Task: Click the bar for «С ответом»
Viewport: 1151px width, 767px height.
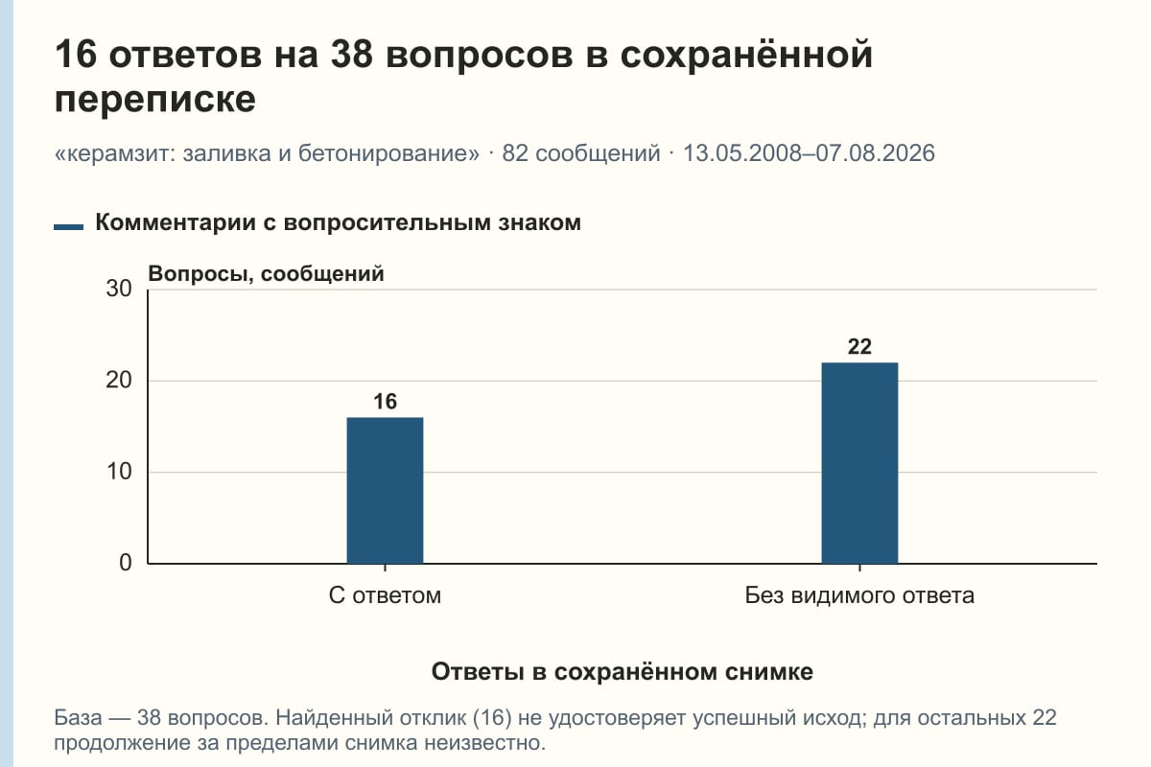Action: tap(385, 491)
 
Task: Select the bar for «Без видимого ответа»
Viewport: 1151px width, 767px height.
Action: tap(859, 463)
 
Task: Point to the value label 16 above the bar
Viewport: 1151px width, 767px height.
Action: tap(385, 402)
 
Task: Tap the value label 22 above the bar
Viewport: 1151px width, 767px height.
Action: tap(859, 347)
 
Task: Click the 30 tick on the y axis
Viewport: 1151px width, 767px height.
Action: tap(119, 289)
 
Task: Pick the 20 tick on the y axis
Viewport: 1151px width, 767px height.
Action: tap(119, 381)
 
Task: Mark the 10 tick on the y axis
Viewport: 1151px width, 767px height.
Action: tap(119, 472)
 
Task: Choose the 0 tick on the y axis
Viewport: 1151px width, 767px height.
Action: tap(126, 563)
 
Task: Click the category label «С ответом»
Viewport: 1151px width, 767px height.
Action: tap(385, 596)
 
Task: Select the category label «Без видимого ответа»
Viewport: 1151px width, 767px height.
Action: tap(859, 596)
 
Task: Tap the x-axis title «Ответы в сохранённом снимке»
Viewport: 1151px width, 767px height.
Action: tap(622, 672)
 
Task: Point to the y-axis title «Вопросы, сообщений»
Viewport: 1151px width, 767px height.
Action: tap(267, 274)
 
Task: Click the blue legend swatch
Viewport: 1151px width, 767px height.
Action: tap(68, 227)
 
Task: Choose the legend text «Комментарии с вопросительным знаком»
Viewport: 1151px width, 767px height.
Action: tap(338, 223)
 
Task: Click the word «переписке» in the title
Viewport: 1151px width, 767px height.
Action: tap(155, 99)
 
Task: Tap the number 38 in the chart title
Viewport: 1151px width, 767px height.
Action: tap(351, 55)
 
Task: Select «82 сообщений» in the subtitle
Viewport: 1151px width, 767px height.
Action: tap(581, 153)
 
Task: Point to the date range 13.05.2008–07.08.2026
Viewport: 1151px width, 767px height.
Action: tap(809, 153)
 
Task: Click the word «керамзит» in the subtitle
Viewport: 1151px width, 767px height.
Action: tap(118, 154)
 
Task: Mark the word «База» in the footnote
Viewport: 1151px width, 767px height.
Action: tap(78, 718)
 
